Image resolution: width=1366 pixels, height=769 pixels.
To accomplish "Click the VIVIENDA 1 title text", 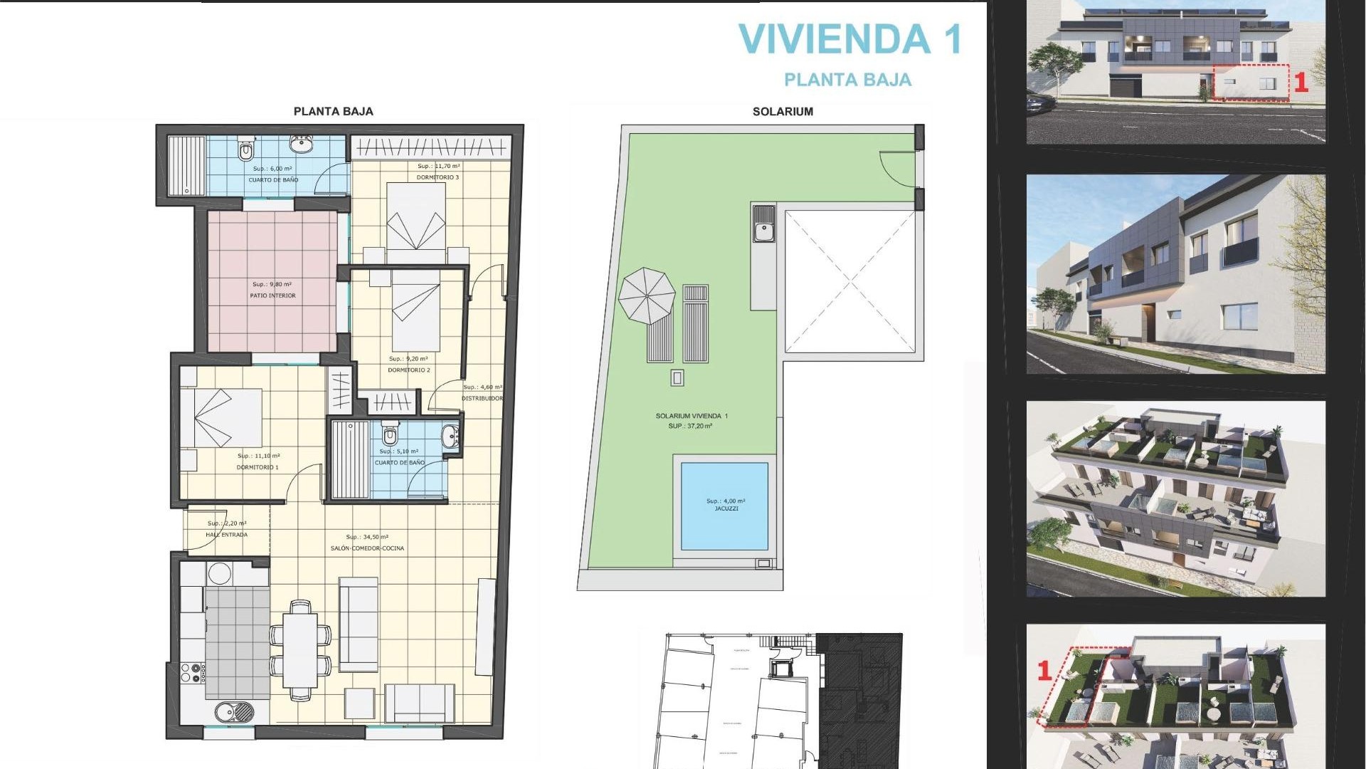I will (850, 39).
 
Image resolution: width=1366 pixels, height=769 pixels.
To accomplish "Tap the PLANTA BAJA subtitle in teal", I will (847, 80).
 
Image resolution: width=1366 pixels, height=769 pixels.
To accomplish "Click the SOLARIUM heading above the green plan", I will (783, 112).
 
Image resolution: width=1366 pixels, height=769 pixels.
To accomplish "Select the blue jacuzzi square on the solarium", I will (724, 506).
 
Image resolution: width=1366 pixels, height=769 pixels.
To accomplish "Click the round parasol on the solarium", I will (646, 295).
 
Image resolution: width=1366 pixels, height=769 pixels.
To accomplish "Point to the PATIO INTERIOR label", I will (272, 295).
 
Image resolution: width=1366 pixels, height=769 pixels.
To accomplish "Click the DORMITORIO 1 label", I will (258, 468).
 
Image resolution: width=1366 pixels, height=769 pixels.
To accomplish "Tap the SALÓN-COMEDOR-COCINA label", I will (367, 548).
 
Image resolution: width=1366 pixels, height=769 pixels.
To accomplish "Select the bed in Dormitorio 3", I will (416, 221).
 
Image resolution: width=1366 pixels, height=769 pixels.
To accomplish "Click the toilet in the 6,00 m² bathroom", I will (246, 150).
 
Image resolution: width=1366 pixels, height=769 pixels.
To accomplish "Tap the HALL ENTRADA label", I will (226, 535).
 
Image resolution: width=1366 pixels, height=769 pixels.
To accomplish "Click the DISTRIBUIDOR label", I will (482, 399).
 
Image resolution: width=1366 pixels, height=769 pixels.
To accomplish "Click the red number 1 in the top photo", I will (1301, 83).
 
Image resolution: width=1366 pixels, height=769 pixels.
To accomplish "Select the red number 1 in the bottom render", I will (1044, 670).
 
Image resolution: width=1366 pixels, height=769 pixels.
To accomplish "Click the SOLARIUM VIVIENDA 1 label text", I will (692, 416).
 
